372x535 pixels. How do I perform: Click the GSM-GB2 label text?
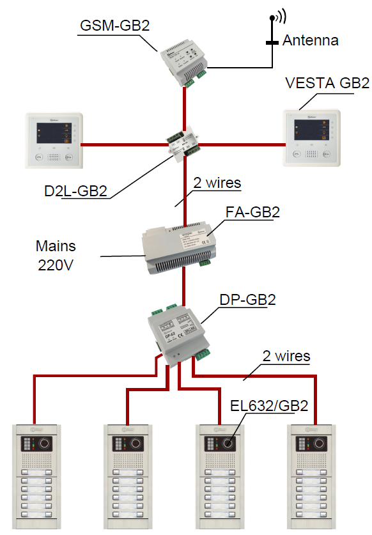114,26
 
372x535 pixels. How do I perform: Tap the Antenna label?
311,40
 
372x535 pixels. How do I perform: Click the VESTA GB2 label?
327,83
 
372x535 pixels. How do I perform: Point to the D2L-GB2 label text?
76,191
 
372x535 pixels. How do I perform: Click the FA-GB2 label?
252,212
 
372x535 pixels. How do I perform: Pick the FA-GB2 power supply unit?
179,247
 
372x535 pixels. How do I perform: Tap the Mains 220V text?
56,256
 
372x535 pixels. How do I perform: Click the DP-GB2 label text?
247,300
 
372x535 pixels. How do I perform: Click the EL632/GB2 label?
269,406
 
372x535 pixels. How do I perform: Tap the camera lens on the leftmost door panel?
44,443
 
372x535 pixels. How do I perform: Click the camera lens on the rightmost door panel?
320,443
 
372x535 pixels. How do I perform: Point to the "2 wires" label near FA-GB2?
217,183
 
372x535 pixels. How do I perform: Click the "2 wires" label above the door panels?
286,356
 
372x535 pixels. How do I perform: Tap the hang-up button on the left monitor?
40,157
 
